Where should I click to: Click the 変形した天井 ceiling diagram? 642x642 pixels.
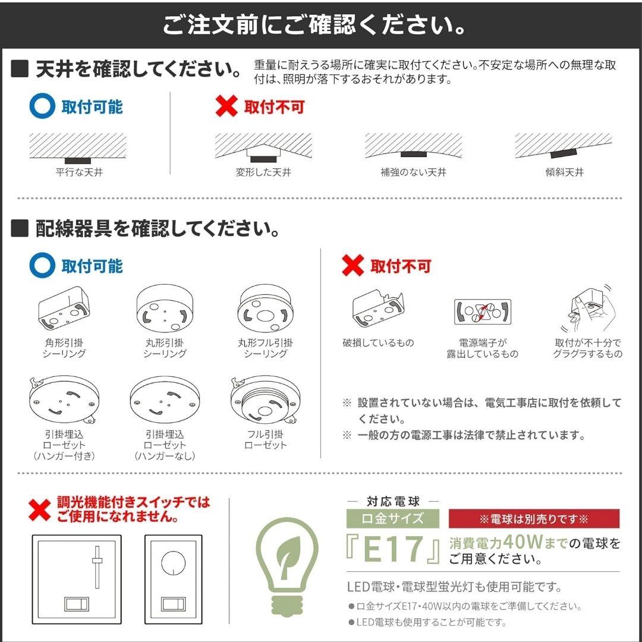coord(263,148)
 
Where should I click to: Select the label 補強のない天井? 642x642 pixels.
coord(413,172)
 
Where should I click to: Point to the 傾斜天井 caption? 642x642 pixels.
coord(564,172)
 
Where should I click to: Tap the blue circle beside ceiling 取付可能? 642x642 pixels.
coord(42,107)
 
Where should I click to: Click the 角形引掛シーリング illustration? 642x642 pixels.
coord(63,309)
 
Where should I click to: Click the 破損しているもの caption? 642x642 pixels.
coord(378,343)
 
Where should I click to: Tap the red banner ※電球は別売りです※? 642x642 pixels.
coord(533,519)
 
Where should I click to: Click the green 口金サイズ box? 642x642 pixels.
coord(393,518)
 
